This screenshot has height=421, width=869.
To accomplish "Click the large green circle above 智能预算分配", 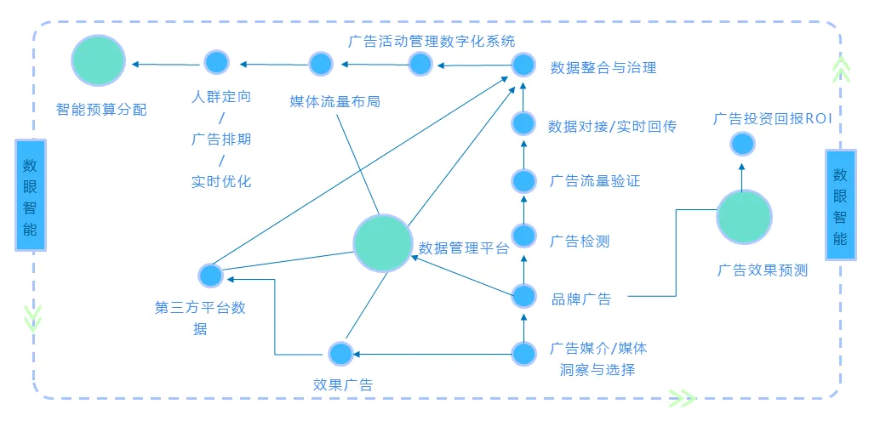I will coord(98,60).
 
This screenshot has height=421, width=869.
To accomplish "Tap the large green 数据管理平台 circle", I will coord(382,243).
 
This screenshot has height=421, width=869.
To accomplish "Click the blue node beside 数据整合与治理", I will coord(523,65).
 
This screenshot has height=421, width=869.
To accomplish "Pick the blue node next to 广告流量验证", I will coord(523,180).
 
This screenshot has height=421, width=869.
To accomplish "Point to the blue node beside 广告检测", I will coord(523,236).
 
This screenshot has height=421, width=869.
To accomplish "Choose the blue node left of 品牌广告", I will coord(523,296).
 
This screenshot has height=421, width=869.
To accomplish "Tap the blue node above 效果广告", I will coord(340,353).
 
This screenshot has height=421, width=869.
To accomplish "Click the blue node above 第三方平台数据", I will coord(210,276).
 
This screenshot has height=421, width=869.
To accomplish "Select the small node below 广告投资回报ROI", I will coord(743,145).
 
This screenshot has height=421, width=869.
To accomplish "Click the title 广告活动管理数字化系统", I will coord(432,41).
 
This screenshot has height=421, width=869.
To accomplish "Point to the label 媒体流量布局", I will coord(334,101).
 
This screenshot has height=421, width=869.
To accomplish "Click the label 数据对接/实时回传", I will coord(612,126).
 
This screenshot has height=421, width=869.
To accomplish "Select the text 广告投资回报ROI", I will coord(772,119).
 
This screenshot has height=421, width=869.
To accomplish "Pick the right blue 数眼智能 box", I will coord(840,203).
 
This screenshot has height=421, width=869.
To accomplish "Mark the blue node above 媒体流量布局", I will coord(321,64).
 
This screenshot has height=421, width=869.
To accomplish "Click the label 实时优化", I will coord(221,181).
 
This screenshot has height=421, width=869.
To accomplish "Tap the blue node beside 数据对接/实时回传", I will coord(523,123).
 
